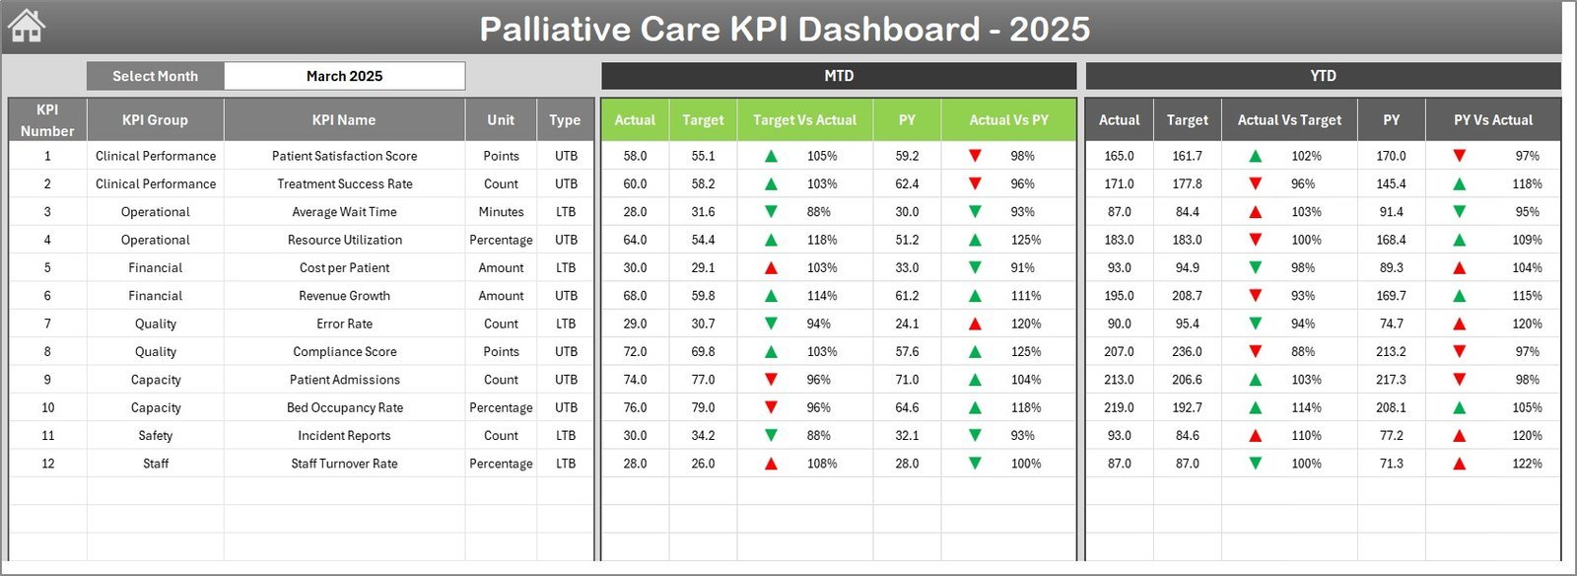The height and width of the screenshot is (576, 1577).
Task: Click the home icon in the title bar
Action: point(27,26)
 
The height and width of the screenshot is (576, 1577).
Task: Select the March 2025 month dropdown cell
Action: point(344,76)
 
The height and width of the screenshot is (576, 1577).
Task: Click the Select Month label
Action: point(155,76)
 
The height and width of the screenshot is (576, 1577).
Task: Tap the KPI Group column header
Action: point(155,119)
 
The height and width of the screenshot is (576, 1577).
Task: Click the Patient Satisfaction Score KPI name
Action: point(344,156)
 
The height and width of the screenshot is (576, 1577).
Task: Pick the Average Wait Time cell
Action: point(344,212)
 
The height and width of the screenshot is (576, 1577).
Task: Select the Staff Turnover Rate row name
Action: point(344,464)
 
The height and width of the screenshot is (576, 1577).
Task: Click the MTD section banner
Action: point(839,76)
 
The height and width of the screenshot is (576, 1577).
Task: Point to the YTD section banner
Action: point(1323,76)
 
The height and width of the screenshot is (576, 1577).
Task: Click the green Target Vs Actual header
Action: point(804,119)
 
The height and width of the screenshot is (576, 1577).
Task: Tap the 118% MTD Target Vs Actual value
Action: point(821,240)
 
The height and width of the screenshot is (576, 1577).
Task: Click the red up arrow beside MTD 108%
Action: point(771,464)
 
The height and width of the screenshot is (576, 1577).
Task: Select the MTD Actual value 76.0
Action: point(635,407)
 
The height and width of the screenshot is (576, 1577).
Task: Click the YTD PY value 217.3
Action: point(1391,380)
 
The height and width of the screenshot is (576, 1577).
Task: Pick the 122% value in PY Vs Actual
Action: point(1527,464)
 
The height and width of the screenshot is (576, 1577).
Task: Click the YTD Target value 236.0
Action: point(1187,351)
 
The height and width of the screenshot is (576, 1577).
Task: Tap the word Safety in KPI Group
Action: point(155,435)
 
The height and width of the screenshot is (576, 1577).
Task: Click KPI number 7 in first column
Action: point(47,324)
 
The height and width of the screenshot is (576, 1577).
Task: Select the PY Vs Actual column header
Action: point(1492,119)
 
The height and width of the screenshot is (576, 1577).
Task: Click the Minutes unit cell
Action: point(501,212)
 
